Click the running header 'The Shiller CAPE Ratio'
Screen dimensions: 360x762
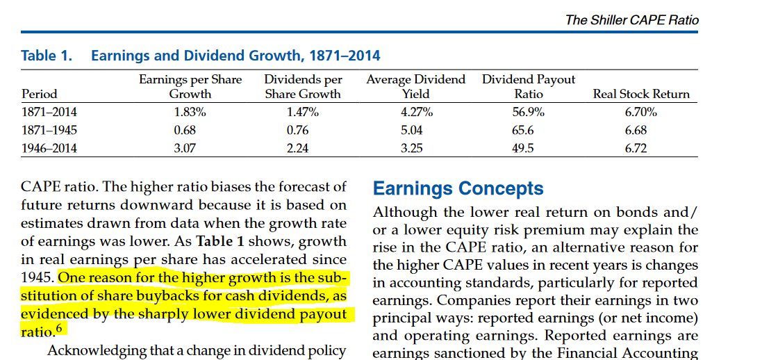pyautogui.click(x=631, y=20)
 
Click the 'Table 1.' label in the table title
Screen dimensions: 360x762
pyautogui.click(x=47, y=56)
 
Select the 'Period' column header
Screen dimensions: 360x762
pyautogui.click(x=40, y=94)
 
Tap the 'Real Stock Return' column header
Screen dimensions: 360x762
pyautogui.click(x=640, y=94)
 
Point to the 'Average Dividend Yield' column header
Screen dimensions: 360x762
pyautogui.click(x=415, y=87)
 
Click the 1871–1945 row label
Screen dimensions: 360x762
pyautogui.click(x=49, y=130)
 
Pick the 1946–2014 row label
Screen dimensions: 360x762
pyautogui.click(x=49, y=148)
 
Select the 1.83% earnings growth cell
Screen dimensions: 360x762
pyautogui.click(x=190, y=112)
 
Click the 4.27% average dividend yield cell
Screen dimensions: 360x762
pyautogui.click(x=416, y=112)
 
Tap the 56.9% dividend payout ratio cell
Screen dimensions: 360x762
pyautogui.click(x=528, y=112)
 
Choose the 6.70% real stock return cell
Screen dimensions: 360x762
pyautogui.click(x=640, y=112)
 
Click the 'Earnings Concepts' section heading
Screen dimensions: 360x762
pyautogui.click(x=458, y=188)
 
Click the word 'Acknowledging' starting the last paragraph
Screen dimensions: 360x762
pyautogui.click(x=96, y=350)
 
